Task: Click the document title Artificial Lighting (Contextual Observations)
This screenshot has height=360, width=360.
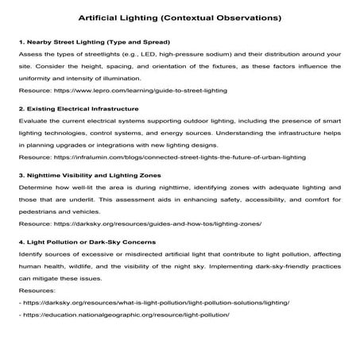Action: [x=180, y=16]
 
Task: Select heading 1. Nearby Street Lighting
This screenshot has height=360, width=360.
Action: [x=92, y=41]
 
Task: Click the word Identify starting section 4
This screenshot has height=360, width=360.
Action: [x=31, y=254]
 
